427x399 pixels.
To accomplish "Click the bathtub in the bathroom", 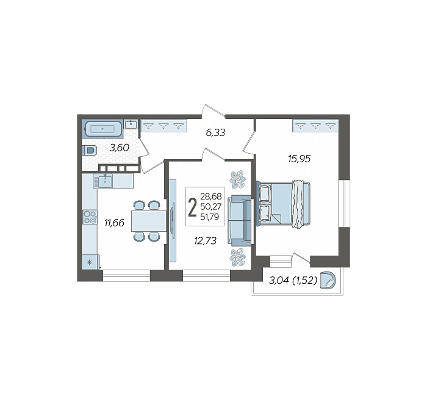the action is [102, 129].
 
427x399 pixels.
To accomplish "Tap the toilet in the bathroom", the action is [89, 150].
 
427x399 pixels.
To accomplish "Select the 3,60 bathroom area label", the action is [119, 148].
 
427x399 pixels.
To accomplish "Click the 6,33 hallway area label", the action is [215, 132].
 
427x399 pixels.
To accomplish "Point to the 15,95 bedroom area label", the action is [300, 159].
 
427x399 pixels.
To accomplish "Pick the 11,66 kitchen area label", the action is [115, 223].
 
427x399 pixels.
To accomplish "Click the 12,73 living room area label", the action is [206, 241].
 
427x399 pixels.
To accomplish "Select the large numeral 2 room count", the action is [193, 207].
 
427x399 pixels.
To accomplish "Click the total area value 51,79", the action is [209, 217].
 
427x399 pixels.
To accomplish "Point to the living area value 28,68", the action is [211, 196].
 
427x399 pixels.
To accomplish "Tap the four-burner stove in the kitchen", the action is [90, 217].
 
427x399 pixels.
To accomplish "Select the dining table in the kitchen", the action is [149, 221].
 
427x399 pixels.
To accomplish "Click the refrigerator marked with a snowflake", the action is [90, 262].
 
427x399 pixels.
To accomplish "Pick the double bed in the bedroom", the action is [283, 203].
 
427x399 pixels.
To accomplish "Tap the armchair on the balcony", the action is [328, 280].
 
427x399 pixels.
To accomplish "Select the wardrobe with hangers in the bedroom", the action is [315, 126].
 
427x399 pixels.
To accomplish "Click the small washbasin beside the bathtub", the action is [131, 124].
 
